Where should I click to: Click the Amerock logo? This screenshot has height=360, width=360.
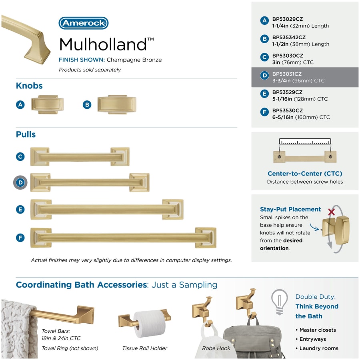click(84, 23)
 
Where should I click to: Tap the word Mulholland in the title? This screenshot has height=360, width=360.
click(103, 44)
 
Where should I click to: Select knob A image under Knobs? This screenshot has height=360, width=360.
click(48, 105)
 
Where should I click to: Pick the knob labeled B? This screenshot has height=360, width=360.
click(117, 105)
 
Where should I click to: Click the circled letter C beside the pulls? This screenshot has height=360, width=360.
click(20, 156)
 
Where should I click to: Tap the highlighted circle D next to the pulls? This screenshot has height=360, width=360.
click(20, 182)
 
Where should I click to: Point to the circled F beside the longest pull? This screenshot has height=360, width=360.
click(20, 238)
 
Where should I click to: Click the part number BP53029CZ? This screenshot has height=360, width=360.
click(288, 19)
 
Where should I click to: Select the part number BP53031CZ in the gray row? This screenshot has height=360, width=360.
click(287, 74)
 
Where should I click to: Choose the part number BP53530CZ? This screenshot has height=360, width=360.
click(288, 110)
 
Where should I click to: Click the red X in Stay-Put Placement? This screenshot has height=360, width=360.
click(331, 212)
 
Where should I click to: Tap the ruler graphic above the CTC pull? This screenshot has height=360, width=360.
click(305, 142)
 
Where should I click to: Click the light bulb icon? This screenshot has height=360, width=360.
click(280, 302)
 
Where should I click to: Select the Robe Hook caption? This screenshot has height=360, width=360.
click(216, 348)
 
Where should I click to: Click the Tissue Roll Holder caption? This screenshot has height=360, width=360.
click(145, 348)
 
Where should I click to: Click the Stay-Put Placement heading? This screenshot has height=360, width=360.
click(290, 209)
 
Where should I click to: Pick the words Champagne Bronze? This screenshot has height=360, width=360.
click(134, 60)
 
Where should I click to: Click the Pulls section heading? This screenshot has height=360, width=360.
click(26, 134)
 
